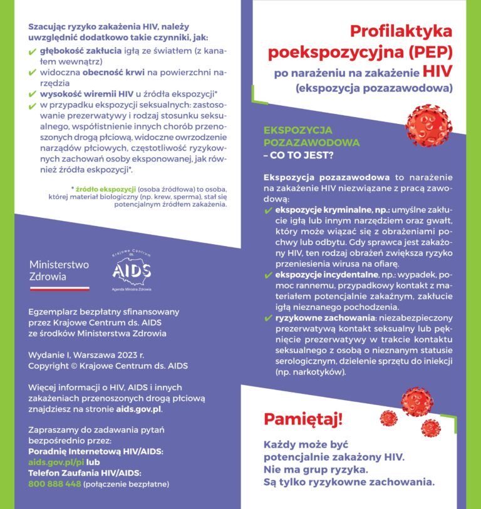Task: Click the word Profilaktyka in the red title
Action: tap(401, 31)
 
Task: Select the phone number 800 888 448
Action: tap(54, 483)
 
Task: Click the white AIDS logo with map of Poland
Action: tap(132, 270)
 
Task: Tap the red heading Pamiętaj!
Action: tap(303, 418)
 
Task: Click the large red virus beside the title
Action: tap(428, 125)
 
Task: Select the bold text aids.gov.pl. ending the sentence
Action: tap(140, 409)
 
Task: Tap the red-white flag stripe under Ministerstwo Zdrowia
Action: tap(59, 289)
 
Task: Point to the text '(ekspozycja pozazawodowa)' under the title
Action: tap(374, 88)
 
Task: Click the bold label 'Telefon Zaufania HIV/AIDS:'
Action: tap(85, 473)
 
